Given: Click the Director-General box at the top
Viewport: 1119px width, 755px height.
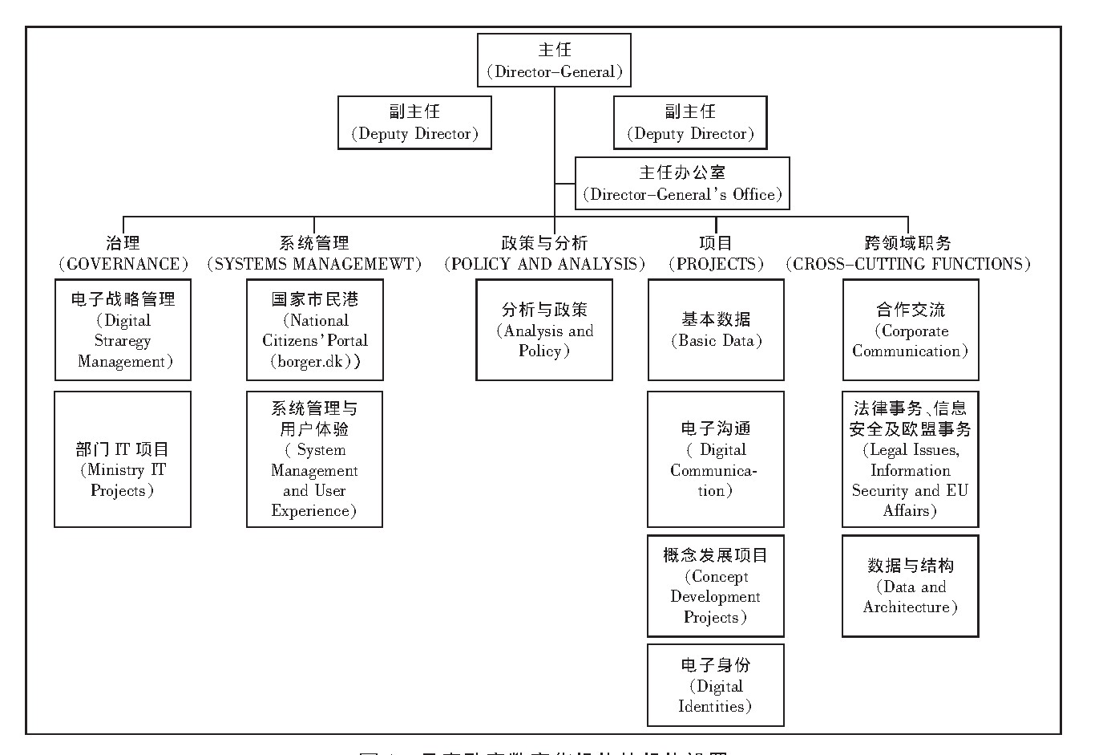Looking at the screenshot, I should pos(554,60).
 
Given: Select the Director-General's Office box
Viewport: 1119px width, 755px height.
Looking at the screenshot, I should pos(682,184).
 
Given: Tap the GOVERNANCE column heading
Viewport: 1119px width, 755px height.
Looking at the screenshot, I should pos(123,254).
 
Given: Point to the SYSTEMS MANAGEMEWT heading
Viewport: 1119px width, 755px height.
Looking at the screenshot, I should pos(314,254).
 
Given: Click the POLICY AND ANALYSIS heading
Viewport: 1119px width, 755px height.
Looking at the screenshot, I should pos(544,254).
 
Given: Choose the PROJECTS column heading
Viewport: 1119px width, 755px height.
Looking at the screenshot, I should pos(716,254).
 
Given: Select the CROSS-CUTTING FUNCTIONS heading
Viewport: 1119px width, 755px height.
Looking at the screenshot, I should pos(908,254).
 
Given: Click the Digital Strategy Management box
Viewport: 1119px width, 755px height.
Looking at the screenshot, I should pos(123,330).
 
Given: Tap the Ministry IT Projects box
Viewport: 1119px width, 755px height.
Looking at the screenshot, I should pos(123,459).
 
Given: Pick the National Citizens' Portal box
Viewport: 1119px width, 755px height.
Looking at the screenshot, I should pos(315,330).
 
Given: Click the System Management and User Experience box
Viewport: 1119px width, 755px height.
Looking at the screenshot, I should pos(314,459).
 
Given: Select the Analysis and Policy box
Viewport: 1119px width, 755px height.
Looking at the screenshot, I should pos(544,330).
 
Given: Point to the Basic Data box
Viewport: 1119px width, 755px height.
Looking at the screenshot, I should pos(716,330).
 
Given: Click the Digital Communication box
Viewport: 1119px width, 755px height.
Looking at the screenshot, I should pos(716,459).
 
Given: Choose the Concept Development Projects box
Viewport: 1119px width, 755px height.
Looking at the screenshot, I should pos(716,586).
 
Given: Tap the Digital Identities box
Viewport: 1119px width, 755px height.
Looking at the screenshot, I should pos(716,685).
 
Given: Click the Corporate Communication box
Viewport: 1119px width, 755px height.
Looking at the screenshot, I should pos(911,330).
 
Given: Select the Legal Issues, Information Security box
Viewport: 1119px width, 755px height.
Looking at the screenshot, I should pos(911,459).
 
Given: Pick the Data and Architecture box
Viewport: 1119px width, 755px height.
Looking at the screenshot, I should pos(911,586).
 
